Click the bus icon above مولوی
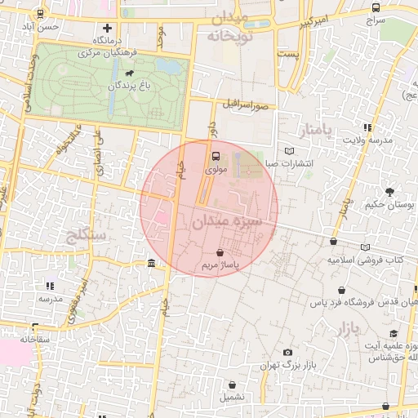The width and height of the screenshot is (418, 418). (x=216, y=155)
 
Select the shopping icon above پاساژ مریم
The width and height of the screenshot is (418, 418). (x=220, y=253)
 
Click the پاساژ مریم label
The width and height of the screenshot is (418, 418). (x=220, y=267)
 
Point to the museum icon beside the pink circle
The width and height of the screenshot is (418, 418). (x=152, y=263)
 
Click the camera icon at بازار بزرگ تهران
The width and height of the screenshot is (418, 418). (x=287, y=352)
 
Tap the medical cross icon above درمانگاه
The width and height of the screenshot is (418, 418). (x=107, y=29)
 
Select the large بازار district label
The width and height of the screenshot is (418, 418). (x=347, y=329)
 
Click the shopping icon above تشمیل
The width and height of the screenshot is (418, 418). (x=233, y=385)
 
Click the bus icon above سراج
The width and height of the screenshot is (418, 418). (x=375, y=8)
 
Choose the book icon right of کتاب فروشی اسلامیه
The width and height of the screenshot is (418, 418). (x=365, y=247)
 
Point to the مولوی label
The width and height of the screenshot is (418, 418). (x=216, y=170)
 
